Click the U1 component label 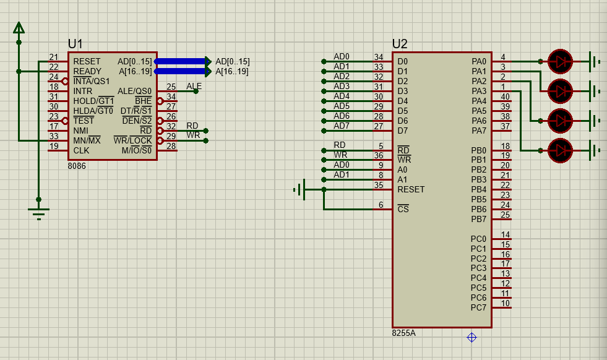(75, 44)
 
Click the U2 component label (400, 44)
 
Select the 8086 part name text (77, 166)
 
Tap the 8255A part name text (403, 333)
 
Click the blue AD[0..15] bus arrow (182, 61)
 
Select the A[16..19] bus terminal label (232, 71)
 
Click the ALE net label (194, 86)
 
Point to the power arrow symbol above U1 (19, 28)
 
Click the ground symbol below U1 (39, 213)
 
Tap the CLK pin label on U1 (81, 150)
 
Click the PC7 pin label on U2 (478, 307)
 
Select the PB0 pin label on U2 (478, 150)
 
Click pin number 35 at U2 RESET (379, 184)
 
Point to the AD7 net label (342, 126)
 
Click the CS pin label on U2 (403, 209)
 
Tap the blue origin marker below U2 (471, 337)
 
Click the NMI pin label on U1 (81, 131)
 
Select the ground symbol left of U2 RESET (300, 189)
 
